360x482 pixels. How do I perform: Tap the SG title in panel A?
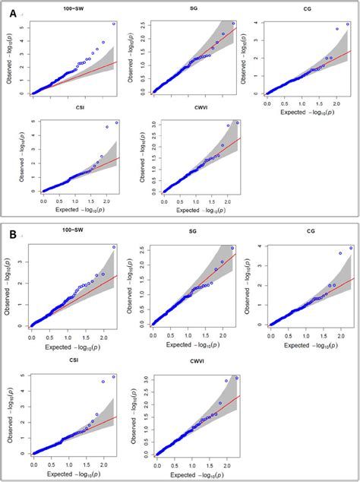tap(194, 9)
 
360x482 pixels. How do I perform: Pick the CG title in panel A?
tap(306, 9)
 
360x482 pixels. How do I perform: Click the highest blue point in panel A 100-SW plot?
tap(114, 24)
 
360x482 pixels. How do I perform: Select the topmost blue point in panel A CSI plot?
tap(116, 122)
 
